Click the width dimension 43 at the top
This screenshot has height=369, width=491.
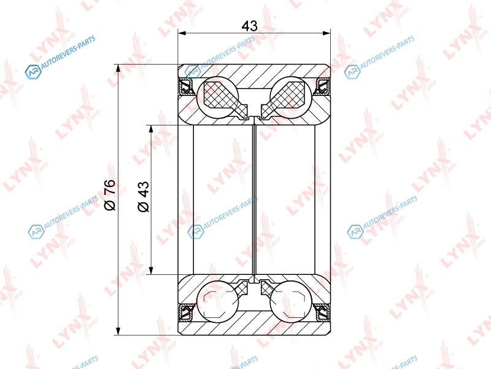click(250, 26)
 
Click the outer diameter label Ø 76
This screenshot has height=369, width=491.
click(110, 195)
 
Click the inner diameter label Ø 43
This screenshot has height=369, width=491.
click(144, 196)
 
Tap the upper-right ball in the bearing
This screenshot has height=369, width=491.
click(291, 98)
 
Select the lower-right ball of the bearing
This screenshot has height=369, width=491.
click(291, 301)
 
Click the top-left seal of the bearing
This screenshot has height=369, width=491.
click(187, 87)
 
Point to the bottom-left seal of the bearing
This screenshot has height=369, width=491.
click(187, 312)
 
